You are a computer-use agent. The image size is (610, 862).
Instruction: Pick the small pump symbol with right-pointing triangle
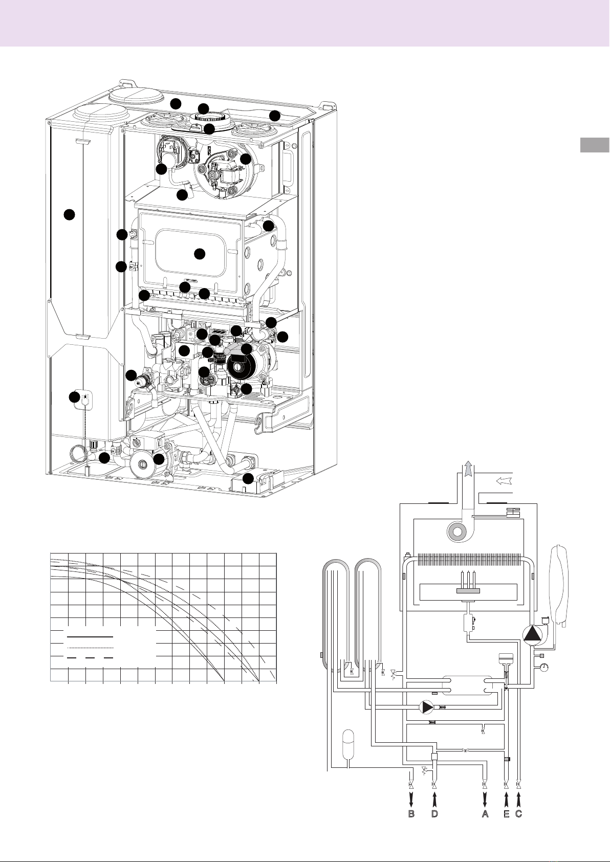point(426,708)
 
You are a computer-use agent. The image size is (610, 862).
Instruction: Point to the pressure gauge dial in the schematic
point(543,667)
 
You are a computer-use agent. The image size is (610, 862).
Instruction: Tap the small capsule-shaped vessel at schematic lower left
point(347,747)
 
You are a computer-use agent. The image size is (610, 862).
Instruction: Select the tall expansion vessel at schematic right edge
point(559,584)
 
